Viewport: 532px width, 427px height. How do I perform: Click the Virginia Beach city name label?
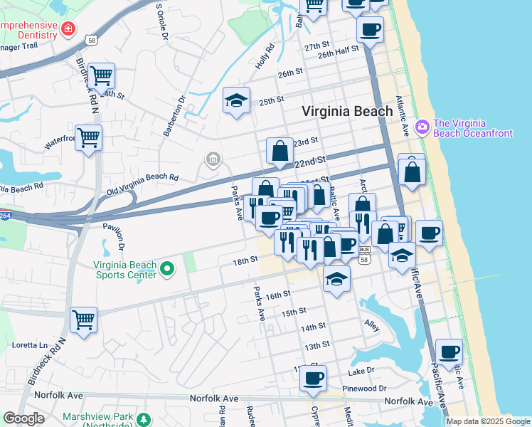[x=347, y=111]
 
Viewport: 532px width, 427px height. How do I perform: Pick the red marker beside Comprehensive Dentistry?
[x=68, y=29]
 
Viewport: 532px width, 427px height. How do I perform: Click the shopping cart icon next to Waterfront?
[x=89, y=137]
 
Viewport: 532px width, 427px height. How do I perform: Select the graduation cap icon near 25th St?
[x=236, y=100]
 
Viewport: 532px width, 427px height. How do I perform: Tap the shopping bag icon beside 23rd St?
[x=280, y=149]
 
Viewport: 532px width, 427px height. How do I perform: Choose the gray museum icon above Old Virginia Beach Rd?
[x=213, y=160]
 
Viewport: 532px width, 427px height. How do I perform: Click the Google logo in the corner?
[x=23, y=418]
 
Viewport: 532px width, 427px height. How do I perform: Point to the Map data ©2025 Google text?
[x=487, y=421]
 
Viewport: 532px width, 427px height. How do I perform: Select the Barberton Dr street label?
[x=174, y=115]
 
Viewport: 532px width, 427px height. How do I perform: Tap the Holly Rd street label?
[x=265, y=58]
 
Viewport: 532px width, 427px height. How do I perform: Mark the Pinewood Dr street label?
[x=363, y=389]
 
